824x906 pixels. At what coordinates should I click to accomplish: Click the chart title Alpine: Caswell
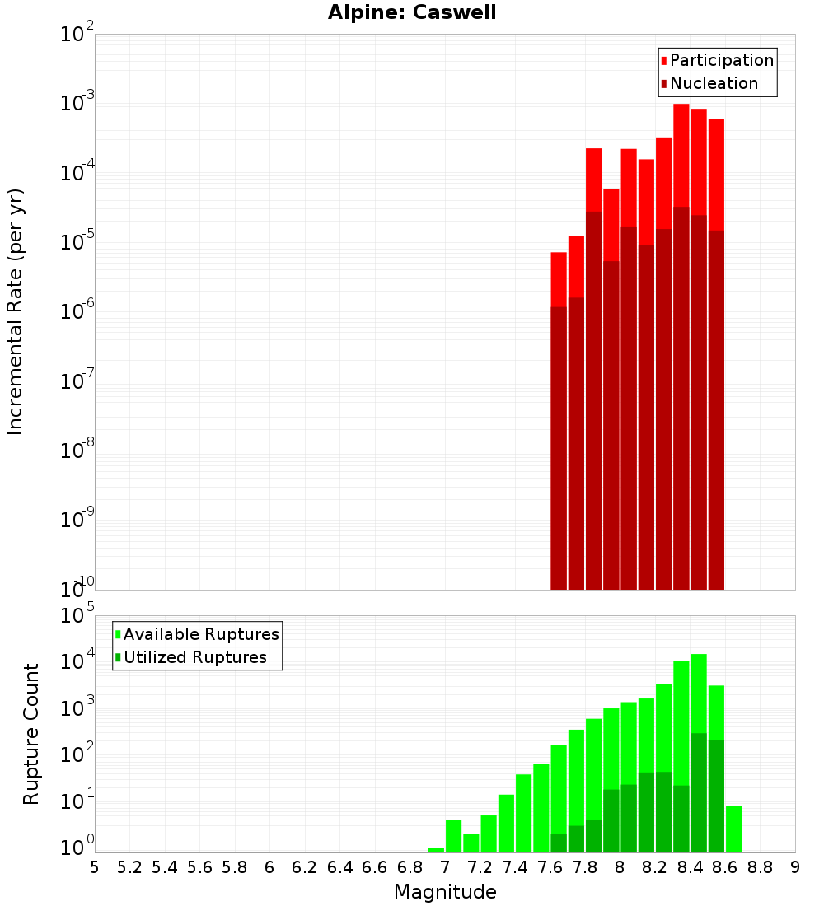[x=412, y=13]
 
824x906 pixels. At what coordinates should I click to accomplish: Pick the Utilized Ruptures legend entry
[x=194, y=657]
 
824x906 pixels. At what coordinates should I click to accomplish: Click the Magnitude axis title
[x=445, y=892]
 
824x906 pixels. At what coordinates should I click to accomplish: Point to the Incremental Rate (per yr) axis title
[x=16, y=311]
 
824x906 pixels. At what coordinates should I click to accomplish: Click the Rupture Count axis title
[x=31, y=734]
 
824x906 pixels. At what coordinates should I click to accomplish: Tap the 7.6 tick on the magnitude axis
[x=550, y=867]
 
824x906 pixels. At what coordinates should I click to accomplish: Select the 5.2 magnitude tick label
[x=130, y=867]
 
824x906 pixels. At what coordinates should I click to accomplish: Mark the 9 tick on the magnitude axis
[x=795, y=867]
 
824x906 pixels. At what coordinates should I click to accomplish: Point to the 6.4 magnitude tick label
[x=340, y=867]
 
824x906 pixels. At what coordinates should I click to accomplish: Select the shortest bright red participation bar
[x=559, y=279]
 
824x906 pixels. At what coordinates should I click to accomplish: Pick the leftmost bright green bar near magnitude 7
[x=436, y=850]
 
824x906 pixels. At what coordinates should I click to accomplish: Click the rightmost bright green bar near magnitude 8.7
[x=733, y=829]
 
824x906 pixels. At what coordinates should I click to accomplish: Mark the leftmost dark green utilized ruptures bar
[x=559, y=843]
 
